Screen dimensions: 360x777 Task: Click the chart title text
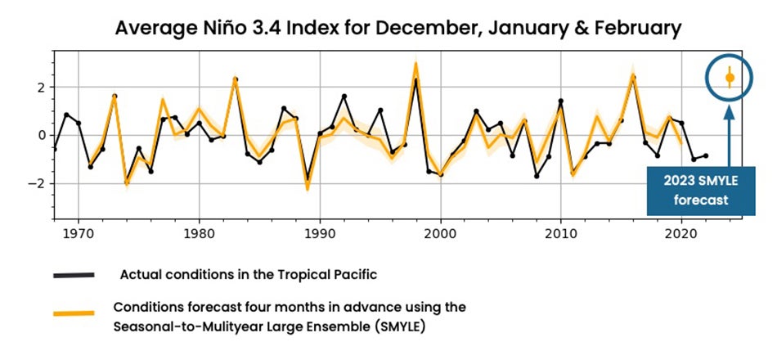pyautogui.click(x=398, y=28)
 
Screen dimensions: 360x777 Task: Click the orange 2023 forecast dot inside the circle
pyautogui.click(x=730, y=78)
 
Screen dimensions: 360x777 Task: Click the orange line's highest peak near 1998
pyautogui.click(x=415, y=63)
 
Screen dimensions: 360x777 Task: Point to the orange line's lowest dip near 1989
pyautogui.click(x=308, y=189)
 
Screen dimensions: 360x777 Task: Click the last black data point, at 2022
pyautogui.click(x=706, y=155)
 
